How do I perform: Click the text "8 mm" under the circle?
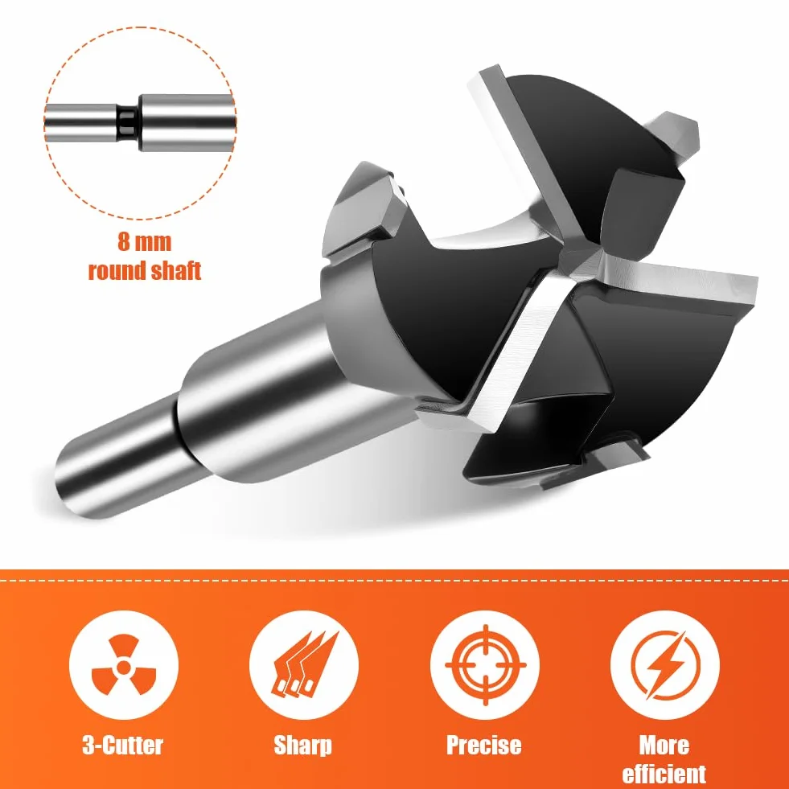[x=145, y=241]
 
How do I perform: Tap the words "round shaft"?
[x=145, y=271]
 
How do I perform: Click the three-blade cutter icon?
[x=124, y=665]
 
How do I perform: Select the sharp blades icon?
[x=304, y=664]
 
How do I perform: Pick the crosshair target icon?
[x=485, y=664]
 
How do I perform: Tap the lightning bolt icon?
[x=664, y=665]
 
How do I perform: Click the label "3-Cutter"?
[x=123, y=746]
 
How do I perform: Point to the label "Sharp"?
[x=303, y=746]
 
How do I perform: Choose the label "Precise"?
[x=483, y=746]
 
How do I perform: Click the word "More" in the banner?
[x=664, y=746]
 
